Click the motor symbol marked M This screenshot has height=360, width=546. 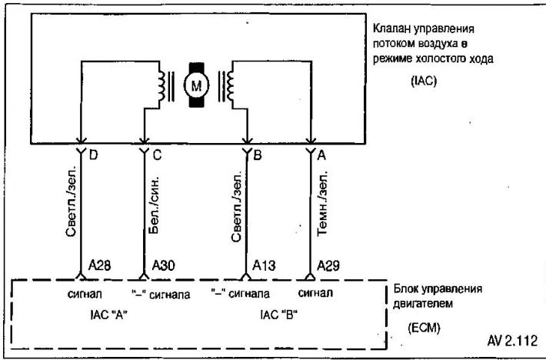click(x=196, y=85)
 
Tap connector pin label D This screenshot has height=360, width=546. click(x=93, y=155)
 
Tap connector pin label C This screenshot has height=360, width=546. click(x=157, y=155)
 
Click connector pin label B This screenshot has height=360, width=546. click(x=258, y=155)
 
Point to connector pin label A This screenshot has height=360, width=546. click(x=321, y=155)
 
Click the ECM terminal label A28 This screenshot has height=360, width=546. click(x=100, y=265)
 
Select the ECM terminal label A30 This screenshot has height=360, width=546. click(x=163, y=265)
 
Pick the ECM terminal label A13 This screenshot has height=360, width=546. click(x=264, y=265)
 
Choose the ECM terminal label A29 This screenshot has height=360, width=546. click(x=328, y=265)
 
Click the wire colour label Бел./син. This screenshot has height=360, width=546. click(x=153, y=204)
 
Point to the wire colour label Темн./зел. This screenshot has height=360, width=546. click(x=322, y=204)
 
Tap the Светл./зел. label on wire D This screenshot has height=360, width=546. click(x=71, y=203)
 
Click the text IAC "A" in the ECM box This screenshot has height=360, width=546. click(x=108, y=315)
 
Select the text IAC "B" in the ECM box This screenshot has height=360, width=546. click(x=279, y=315)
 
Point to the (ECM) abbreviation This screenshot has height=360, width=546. click(x=424, y=328)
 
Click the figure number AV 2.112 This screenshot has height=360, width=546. click(x=512, y=341)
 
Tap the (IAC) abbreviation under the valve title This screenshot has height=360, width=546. click(x=424, y=82)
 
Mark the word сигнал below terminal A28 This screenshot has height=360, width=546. click(x=85, y=294)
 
